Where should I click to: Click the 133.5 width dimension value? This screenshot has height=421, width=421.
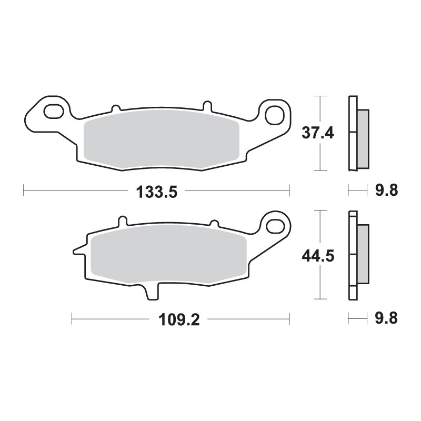[x=156, y=192]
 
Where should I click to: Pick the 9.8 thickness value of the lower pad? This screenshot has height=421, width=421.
[x=386, y=318]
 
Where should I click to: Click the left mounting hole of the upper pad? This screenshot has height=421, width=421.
[x=53, y=112]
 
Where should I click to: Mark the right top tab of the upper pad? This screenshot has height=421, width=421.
[x=207, y=105]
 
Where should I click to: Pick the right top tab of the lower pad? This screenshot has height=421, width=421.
[x=214, y=223]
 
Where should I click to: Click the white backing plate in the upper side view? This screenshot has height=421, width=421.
[x=352, y=134]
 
